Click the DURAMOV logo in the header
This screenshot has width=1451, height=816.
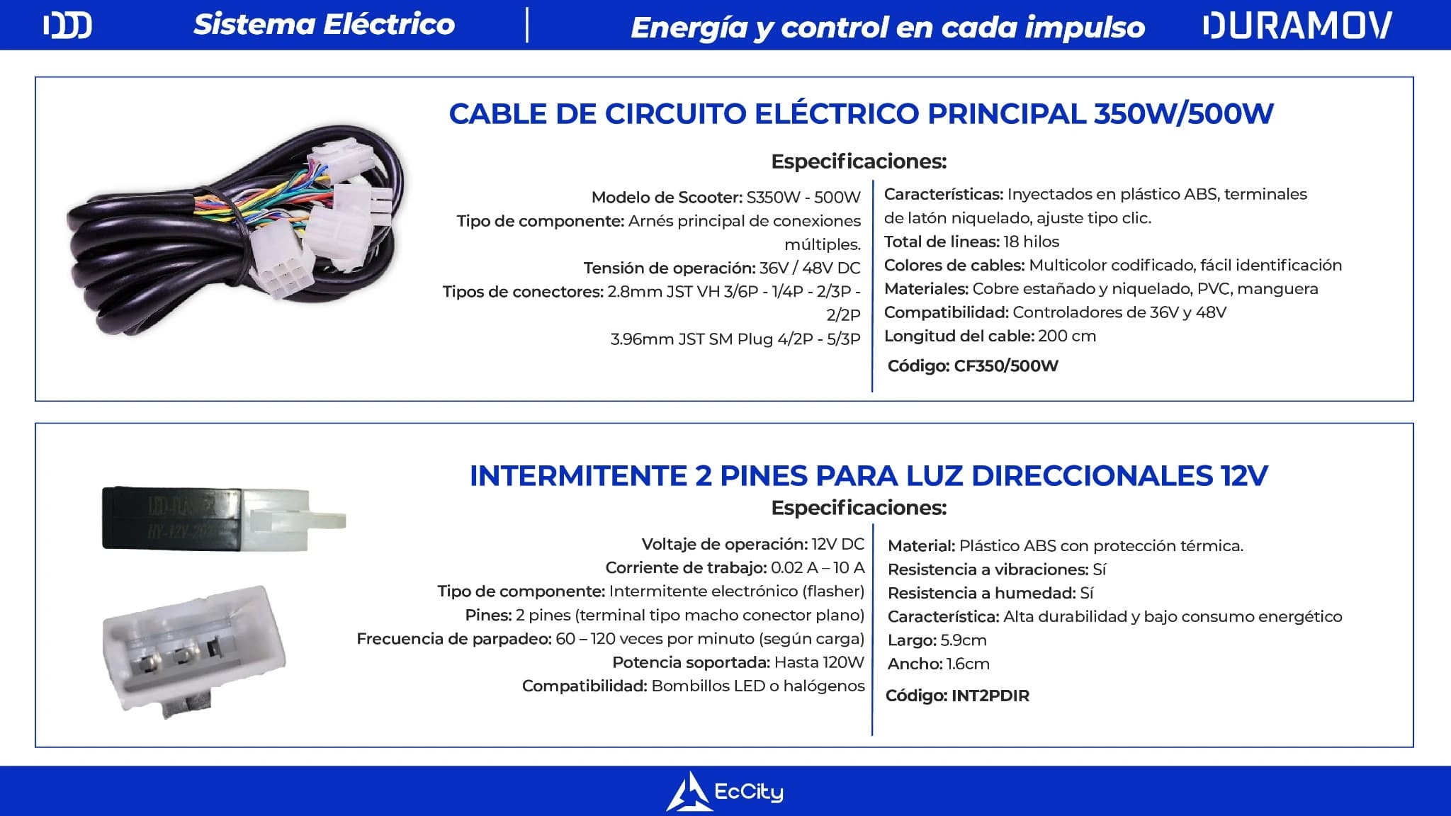(x=1297, y=25)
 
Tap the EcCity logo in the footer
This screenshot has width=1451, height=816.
(x=724, y=792)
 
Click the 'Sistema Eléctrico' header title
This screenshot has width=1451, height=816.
(x=324, y=25)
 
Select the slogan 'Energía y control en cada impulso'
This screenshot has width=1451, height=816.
(x=888, y=28)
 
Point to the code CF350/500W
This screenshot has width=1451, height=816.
(x=1006, y=366)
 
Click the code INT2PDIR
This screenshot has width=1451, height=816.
(x=990, y=696)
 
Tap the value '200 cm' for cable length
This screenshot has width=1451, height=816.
(x=1067, y=336)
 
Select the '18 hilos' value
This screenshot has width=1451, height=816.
(x=1032, y=242)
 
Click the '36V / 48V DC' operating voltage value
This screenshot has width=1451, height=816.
(x=810, y=268)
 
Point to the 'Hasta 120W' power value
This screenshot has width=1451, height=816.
(x=819, y=662)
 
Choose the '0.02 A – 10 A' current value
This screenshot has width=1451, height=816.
(x=818, y=567)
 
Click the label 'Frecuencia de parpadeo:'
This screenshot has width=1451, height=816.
(x=454, y=639)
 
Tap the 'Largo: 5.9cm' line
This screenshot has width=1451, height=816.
(x=937, y=640)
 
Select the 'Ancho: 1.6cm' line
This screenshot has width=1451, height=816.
(x=938, y=664)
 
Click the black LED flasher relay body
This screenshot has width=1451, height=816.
(x=174, y=518)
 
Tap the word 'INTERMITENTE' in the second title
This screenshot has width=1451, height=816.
(x=577, y=476)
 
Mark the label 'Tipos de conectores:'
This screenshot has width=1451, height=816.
(x=523, y=292)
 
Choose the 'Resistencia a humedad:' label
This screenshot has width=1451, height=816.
(x=981, y=593)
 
